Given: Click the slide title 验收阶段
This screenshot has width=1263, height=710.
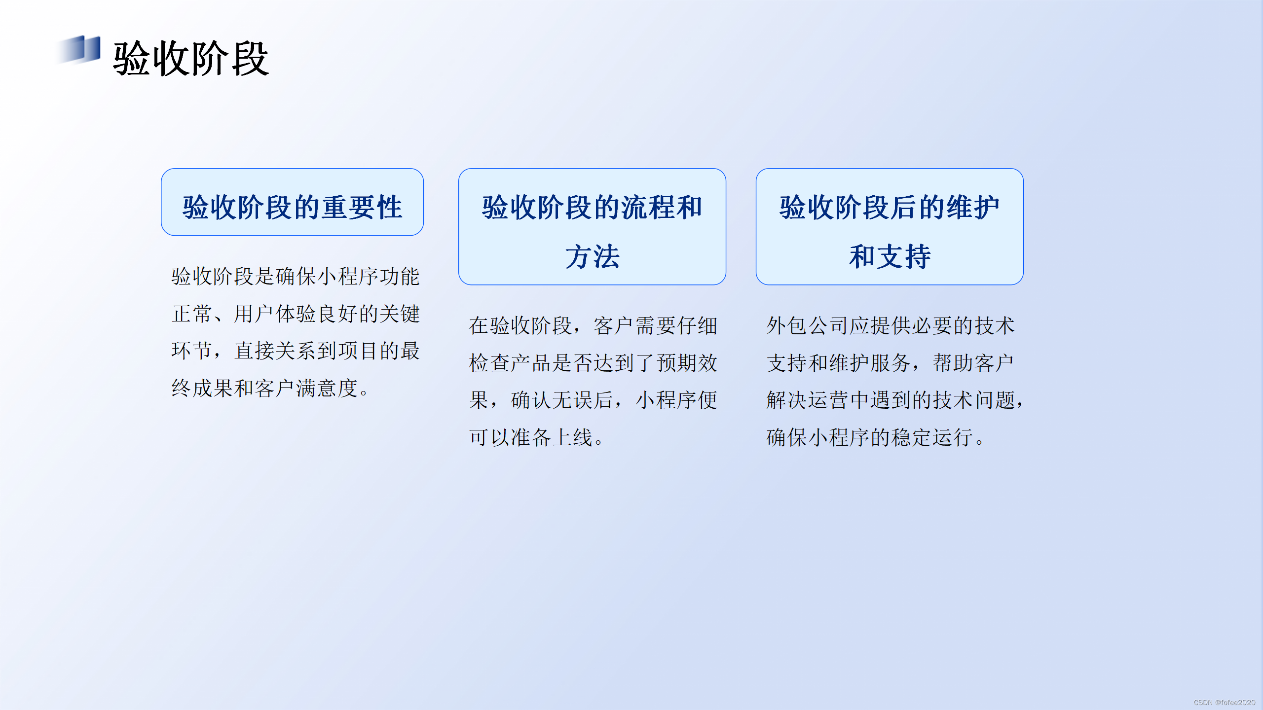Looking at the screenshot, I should (x=190, y=59).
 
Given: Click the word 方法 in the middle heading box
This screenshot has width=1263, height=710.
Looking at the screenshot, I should (x=592, y=257).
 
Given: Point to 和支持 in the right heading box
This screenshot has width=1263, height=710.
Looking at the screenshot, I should (x=890, y=257).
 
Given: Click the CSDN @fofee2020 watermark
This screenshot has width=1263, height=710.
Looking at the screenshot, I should (x=1224, y=702).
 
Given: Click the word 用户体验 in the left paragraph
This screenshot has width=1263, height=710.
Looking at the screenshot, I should (x=275, y=314).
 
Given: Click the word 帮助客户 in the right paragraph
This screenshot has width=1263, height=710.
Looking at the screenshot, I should (x=973, y=363).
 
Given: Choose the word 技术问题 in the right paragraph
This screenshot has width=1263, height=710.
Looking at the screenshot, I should (x=973, y=400).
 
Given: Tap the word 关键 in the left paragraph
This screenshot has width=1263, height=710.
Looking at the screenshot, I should (x=400, y=314).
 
